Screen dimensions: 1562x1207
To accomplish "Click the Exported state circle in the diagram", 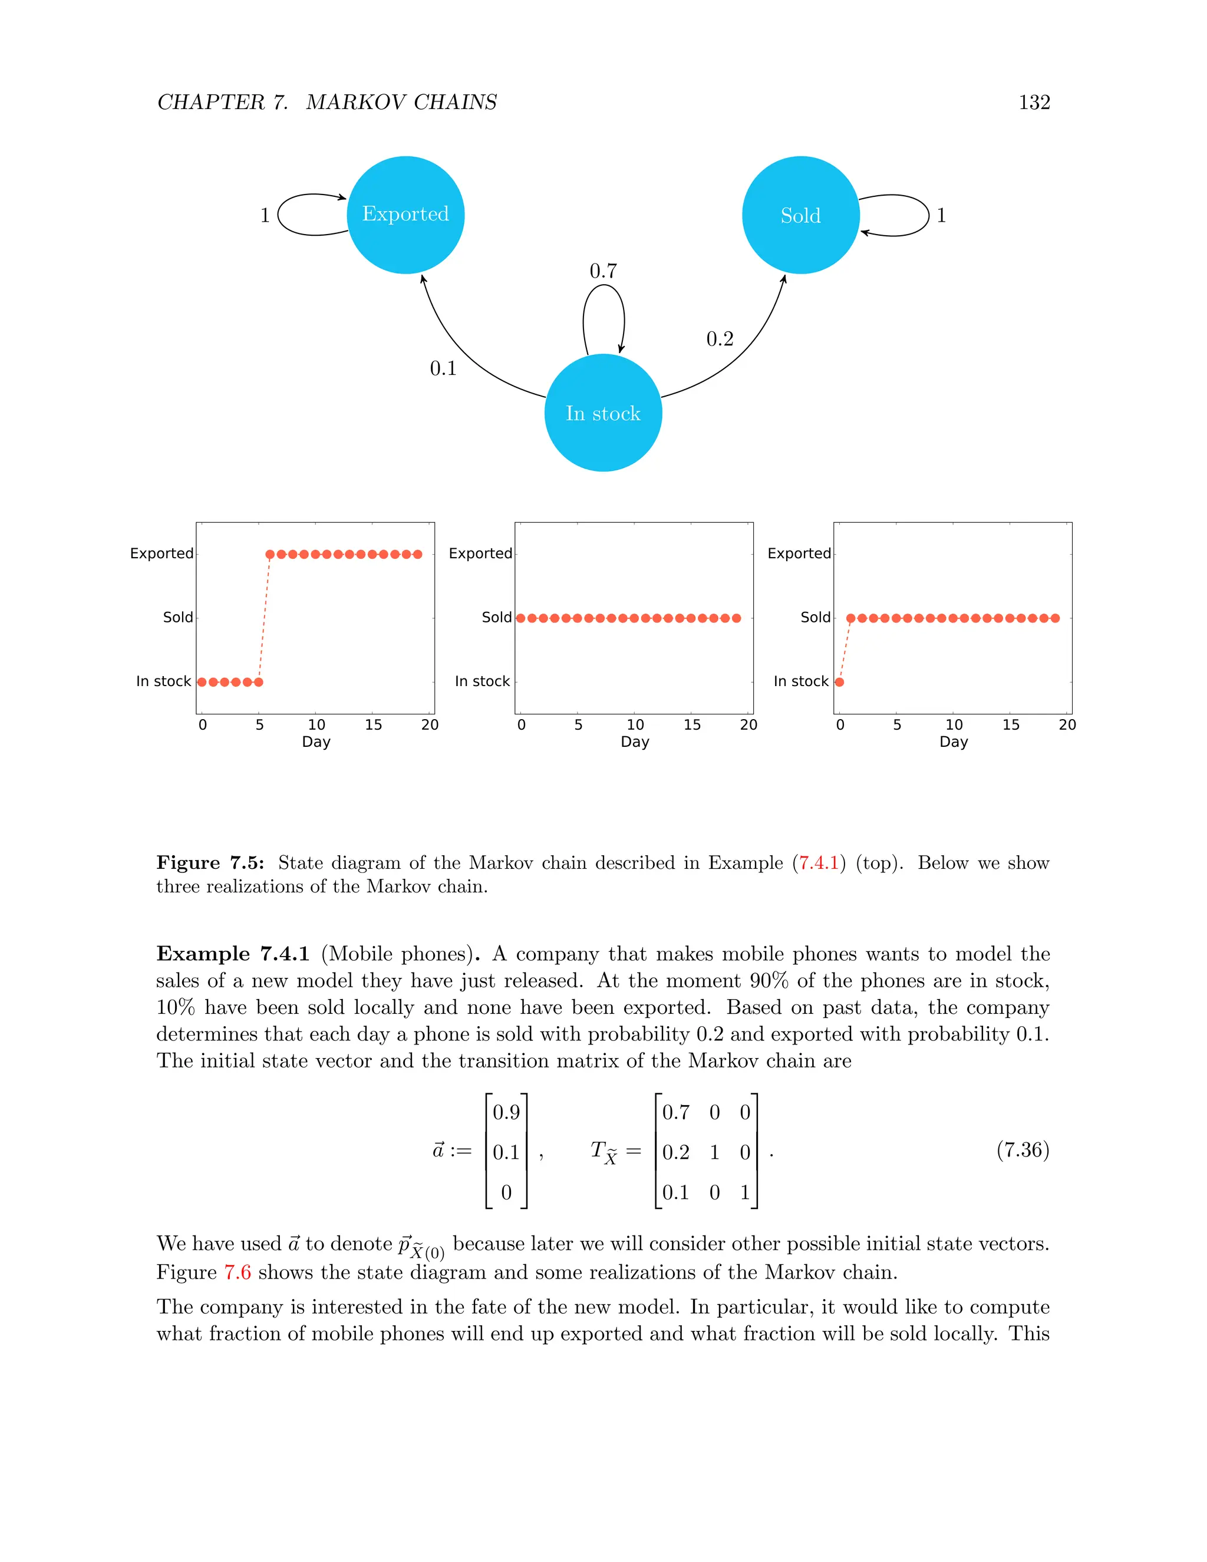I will coord(405,215).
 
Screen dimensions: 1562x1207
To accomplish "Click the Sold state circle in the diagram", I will coord(800,215).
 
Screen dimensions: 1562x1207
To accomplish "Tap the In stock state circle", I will coord(603,413).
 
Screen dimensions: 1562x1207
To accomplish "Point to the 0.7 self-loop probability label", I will coord(603,271).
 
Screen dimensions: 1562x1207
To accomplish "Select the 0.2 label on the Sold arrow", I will coord(720,339).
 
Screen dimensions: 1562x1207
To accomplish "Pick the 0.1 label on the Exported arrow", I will coord(443,368).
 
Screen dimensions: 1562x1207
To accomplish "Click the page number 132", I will coord(1034,103).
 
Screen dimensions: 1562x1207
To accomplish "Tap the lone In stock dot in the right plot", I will coord(839,681).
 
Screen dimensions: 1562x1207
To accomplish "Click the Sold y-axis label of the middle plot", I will coord(496,617).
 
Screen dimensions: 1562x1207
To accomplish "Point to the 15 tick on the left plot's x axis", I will coord(373,724).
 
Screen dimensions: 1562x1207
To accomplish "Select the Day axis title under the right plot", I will coord(953,742).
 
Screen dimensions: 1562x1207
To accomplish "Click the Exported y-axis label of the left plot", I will coord(161,553).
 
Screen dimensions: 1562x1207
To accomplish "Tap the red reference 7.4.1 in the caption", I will coord(818,864).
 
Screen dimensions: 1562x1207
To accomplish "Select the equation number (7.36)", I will coord(1023,1150).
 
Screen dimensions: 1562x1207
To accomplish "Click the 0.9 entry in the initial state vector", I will coord(506,1112).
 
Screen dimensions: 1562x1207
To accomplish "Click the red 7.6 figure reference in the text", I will coord(238,1273).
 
